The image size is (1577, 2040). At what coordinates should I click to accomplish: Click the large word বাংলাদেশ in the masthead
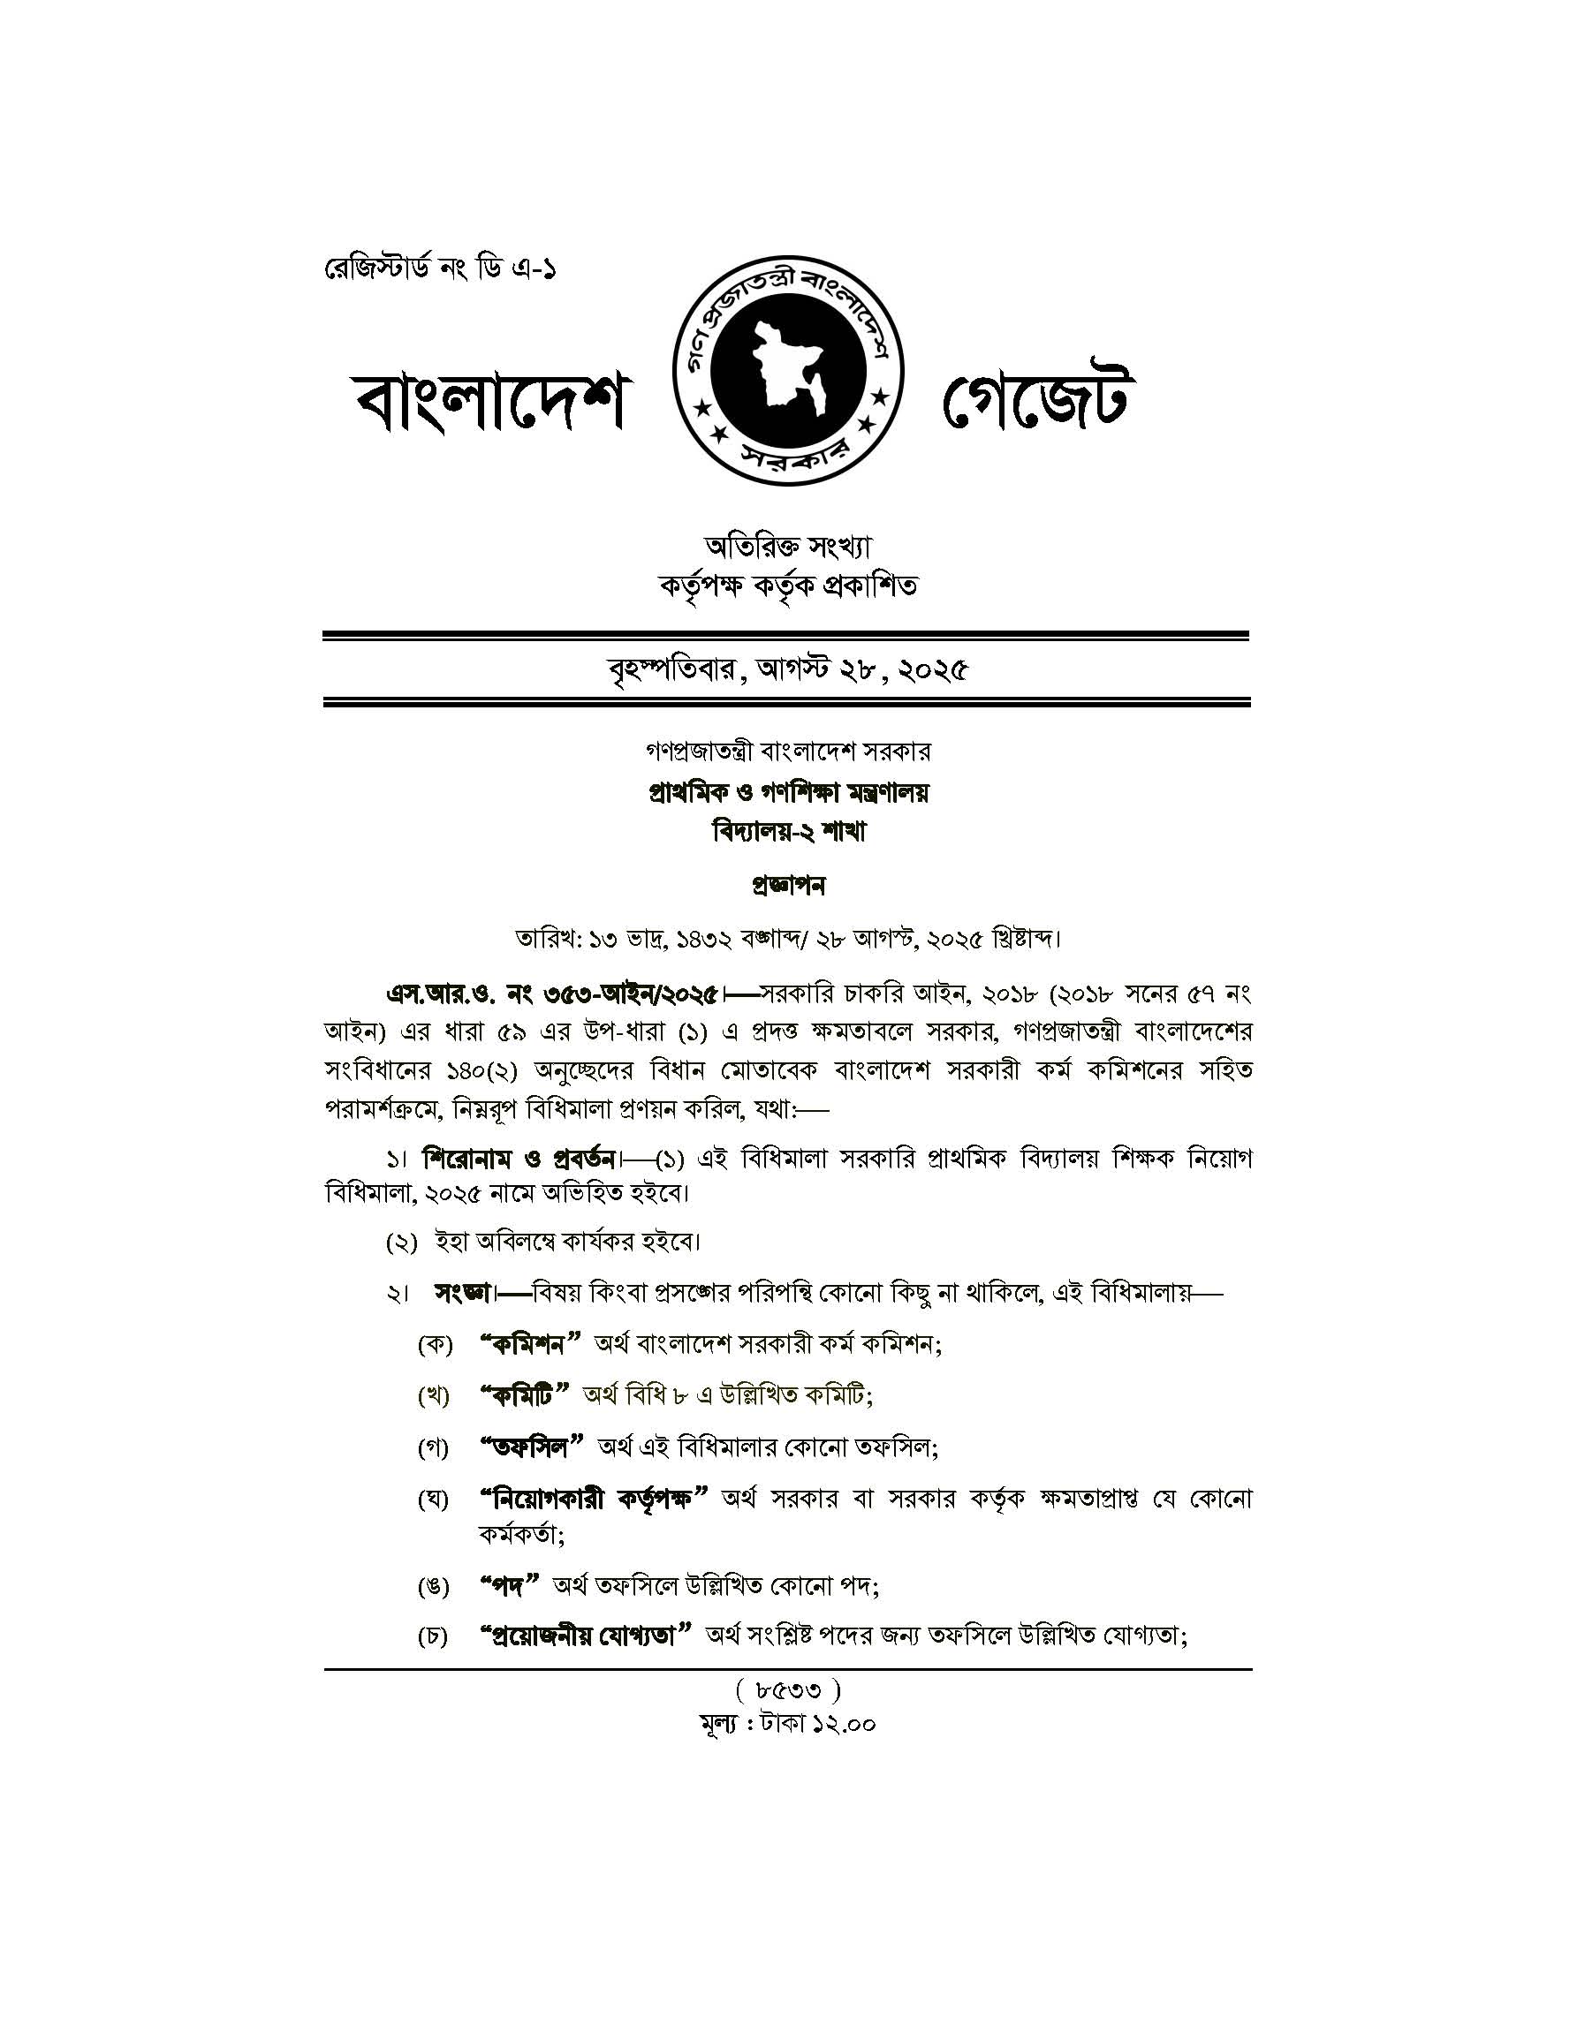[489, 404]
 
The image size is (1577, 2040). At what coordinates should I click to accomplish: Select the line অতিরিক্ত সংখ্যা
[787, 546]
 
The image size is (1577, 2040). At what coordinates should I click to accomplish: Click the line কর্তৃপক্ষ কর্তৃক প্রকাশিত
[787, 586]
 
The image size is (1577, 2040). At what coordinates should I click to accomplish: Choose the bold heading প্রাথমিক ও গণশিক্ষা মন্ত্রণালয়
[788, 792]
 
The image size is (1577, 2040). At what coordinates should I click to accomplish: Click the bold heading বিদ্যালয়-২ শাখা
[788, 831]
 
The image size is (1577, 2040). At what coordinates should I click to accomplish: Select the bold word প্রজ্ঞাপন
[788, 885]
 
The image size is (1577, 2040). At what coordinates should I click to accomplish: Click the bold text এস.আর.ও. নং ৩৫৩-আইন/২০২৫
[552, 994]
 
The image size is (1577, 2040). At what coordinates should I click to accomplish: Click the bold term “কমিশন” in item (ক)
[530, 1344]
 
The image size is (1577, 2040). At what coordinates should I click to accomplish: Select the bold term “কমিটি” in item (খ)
[524, 1395]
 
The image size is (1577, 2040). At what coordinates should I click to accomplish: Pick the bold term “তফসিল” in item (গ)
[531, 1447]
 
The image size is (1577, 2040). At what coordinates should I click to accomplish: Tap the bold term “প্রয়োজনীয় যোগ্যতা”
[585, 1636]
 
